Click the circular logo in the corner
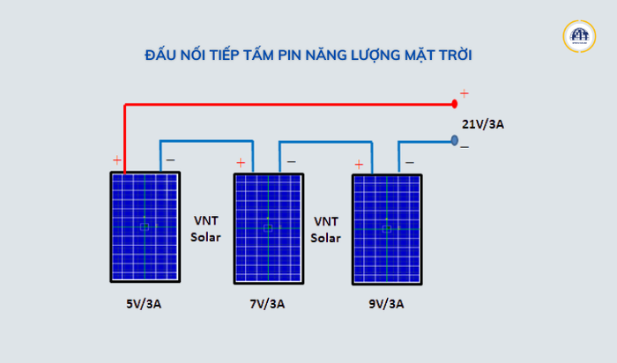click(x=579, y=36)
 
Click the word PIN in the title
click(x=290, y=55)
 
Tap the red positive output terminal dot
click(x=455, y=104)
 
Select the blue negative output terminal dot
click(x=455, y=140)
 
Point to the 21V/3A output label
click(x=483, y=124)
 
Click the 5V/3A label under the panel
click(x=144, y=304)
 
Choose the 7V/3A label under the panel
click(x=267, y=304)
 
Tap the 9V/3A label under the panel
click(x=386, y=304)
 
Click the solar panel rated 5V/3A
click(x=145, y=227)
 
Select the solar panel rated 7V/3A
click(x=269, y=228)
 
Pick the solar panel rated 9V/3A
click(x=387, y=230)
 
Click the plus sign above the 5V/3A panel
click(x=117, y=160)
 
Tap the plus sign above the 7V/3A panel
click(x=241, y=162)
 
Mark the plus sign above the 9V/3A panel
click(x=359, y=165)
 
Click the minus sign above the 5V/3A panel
click(x=170, y=160)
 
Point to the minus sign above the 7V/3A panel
click(x=291, y=161)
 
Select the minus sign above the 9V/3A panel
click(x=410, y=162)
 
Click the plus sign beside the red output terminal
click(x=465, y=93)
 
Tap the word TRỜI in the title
click(x=456, y=55)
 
